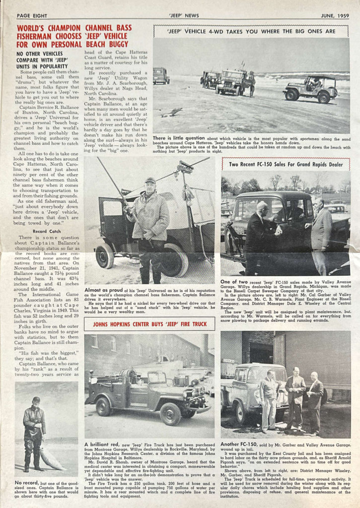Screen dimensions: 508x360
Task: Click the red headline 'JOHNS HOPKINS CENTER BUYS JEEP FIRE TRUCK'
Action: pos(149,324)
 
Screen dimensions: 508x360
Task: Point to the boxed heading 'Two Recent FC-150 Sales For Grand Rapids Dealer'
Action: pos(286,164)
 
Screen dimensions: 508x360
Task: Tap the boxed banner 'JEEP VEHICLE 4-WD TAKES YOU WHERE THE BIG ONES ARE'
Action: pos(251,31)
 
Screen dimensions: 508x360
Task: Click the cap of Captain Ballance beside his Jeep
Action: pos(150,181)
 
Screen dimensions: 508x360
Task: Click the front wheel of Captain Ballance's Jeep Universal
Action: pos(105,255)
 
